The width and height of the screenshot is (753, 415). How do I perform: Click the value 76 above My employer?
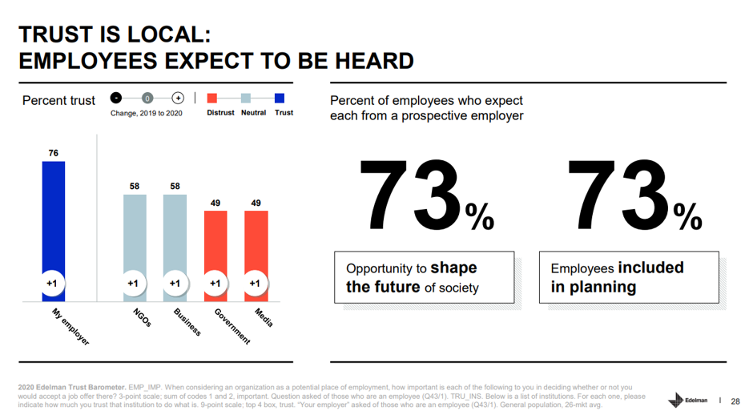(54, 153)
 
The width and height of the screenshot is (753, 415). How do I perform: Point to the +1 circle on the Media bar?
(256, 283)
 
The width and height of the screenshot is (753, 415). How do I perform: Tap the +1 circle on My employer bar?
(54, 283)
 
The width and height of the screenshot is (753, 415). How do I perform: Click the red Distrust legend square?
(212, 99)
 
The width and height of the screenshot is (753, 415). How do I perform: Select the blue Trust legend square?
(280, 99)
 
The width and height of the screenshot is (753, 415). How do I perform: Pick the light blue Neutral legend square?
(246, 99)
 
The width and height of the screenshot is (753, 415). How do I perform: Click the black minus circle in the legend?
(116, 99)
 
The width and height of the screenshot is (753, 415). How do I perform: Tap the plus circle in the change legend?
(178, 99)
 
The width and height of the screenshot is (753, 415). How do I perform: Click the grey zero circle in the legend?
(147, 99)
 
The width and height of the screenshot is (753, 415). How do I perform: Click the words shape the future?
(409, 277)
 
